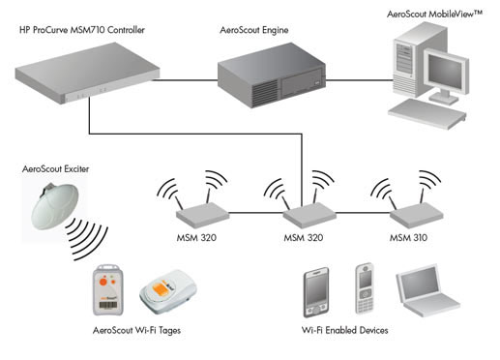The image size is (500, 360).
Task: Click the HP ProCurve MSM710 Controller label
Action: tap(82, 30)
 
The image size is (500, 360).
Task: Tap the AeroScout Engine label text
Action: tap(254, 30)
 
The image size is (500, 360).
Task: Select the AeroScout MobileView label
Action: tap(434, 15)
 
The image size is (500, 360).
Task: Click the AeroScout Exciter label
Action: tap(55, 169)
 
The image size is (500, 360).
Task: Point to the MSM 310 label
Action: tap(408, 238)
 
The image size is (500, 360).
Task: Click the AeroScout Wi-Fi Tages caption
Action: tap(136, 331)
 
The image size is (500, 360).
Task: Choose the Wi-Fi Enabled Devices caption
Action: tap(344, 330)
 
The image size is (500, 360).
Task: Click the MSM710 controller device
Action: tap(87, 74)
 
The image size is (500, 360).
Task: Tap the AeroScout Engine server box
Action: tap(272, 75)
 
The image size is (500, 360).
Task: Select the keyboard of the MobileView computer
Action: tap(427, 114)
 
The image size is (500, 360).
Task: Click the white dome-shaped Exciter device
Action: tap(55, 206)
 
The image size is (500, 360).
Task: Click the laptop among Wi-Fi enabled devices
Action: tap(427, 291)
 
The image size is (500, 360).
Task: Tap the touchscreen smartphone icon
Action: tap(316, 292)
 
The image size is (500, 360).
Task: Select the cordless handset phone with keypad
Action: tap(365, 288)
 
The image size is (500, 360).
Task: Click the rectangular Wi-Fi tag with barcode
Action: tap(108, 290)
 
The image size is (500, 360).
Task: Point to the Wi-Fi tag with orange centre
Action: tap(168, 292)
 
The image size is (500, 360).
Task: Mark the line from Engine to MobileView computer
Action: tap(359, 80)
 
